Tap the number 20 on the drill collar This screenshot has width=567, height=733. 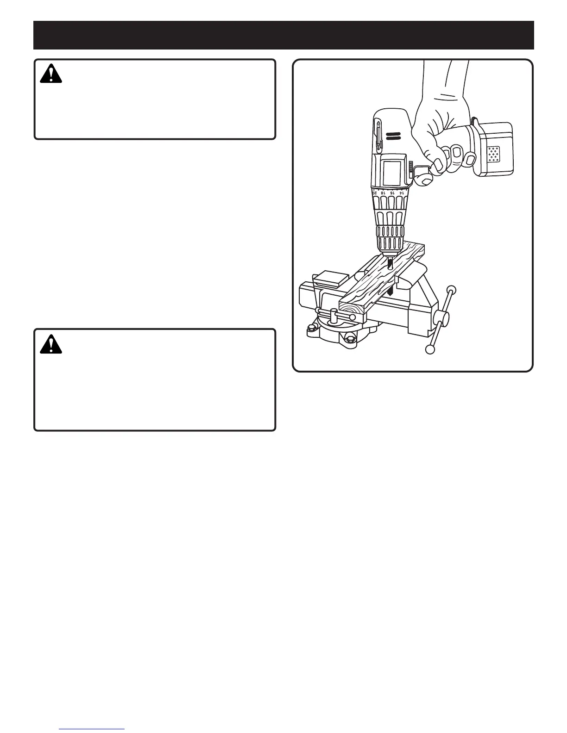pyautogui.click(x=374, y=193)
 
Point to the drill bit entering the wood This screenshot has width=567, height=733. pyautogui.click(x=390, y=264)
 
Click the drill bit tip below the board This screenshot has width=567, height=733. pyautogui.click(x=391, y=291)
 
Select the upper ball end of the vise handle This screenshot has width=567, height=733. pyautogui.click(x=449, y=291)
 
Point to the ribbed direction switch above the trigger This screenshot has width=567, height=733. pyautogui.click(x=410, y=169)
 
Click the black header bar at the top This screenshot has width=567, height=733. pyautogui.click(x=283, y=35)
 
